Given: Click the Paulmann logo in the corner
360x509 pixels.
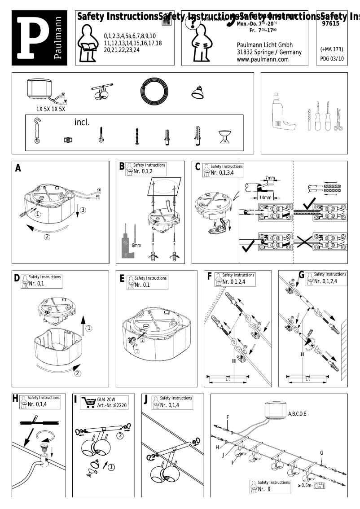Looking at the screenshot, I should pos(40,38).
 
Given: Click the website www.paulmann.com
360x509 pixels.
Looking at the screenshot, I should pos(262,59).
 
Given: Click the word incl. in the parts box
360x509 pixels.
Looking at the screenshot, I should pos(82,122).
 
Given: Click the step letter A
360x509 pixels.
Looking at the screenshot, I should pos(18,169).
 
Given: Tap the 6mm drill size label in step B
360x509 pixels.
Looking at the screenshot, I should pos(136,245).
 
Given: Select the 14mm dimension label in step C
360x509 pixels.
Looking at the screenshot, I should pos(264,197).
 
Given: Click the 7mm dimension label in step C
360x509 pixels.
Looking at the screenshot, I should pos(270,178).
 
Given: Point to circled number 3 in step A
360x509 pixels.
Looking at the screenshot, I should pos(83,210).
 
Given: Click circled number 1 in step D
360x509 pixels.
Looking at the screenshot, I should pos(89,329).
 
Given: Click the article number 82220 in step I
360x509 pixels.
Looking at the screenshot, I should pos(119,405).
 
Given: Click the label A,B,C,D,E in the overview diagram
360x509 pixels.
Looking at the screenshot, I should pos(297,413).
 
